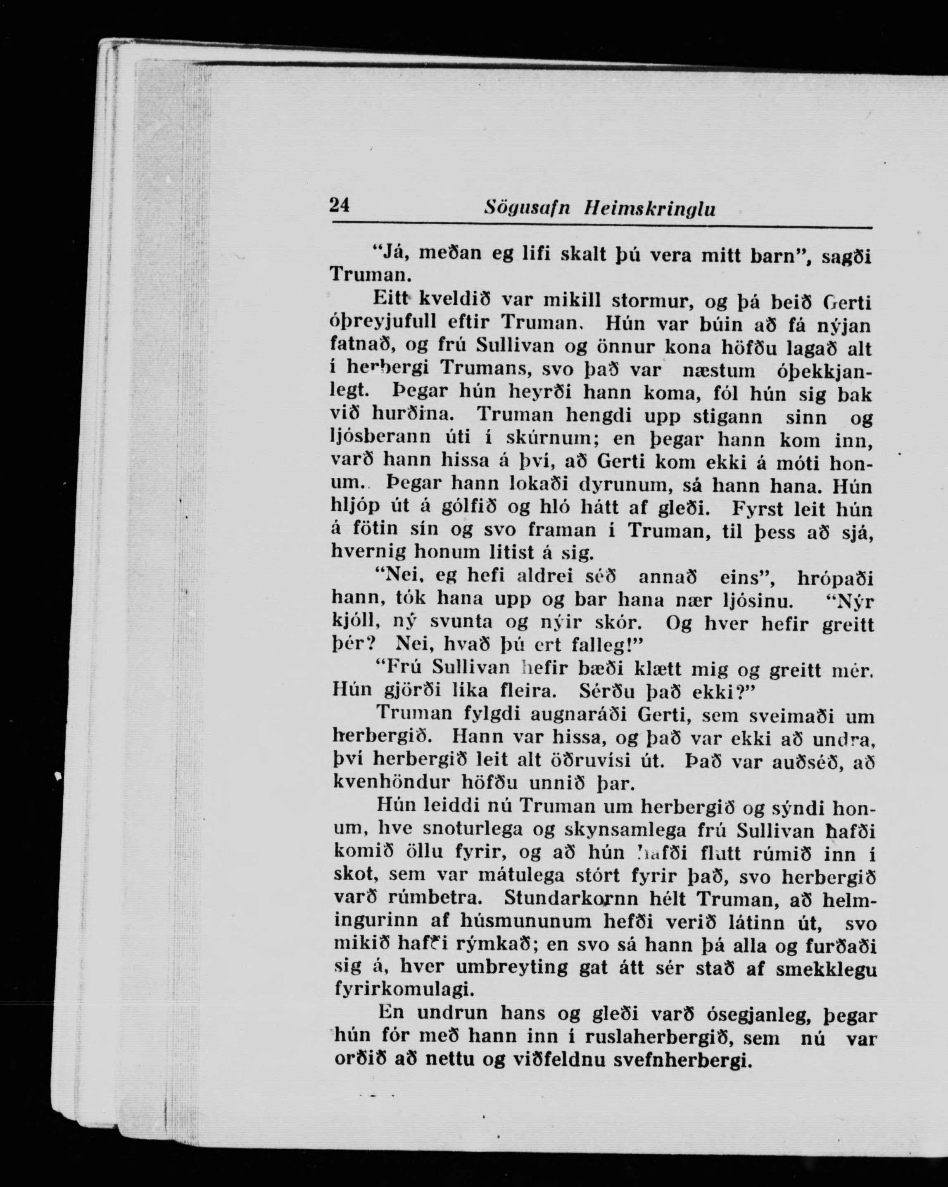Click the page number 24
coord(339,205)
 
